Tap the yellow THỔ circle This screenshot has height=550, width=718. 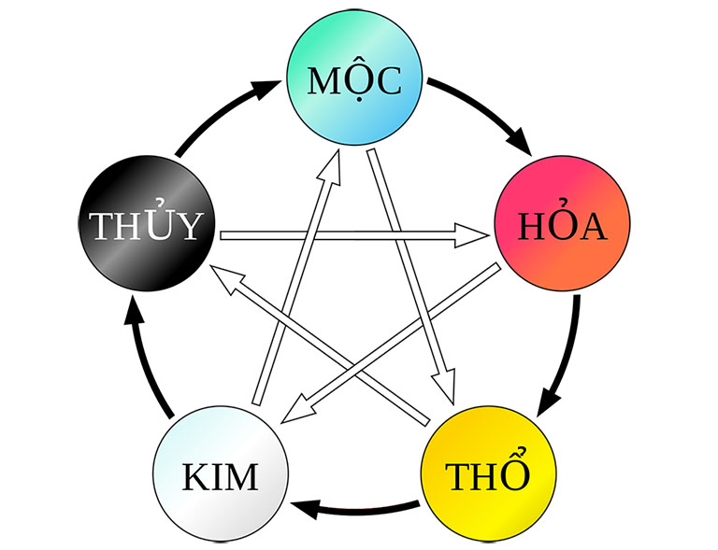tap(487, 475)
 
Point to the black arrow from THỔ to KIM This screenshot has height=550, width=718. tap(355, 510)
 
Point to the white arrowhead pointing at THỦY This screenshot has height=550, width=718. tap(227, 275)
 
